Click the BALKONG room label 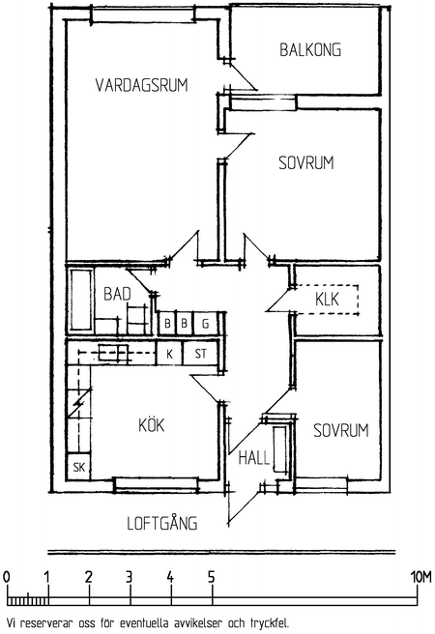tap(310, 49)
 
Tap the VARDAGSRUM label tap(142, 85)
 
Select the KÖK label tap(152, 425)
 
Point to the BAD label tap(117, 294)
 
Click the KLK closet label tap(327, 300)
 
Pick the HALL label tap(254, 458)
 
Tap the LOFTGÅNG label tap(162, 522)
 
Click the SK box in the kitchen tap(79, 467)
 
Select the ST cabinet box tap(201, 354)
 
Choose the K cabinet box tap(170, 354)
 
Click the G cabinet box tap(206, 324)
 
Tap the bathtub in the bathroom tap(81, 300)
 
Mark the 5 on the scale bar tap(212, 578)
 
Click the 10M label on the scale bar tap(421, 577)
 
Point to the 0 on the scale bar tap(7, 577)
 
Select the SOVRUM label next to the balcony tap(306, 162)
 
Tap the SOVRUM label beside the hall tap(341, 430)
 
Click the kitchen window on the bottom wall tap(156, 483)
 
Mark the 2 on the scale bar tap(89, 578)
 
